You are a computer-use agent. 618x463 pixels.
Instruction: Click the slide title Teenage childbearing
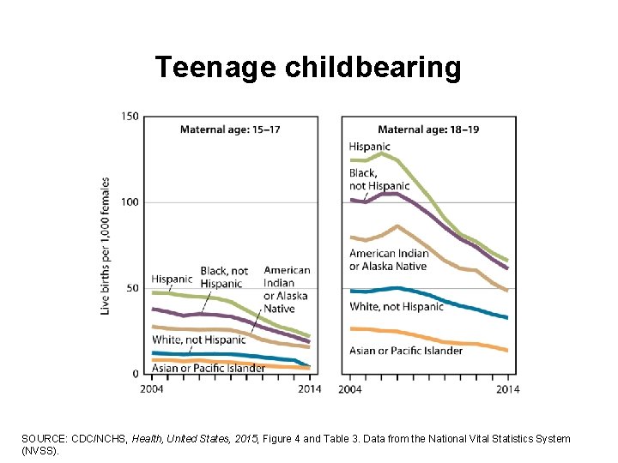pos(308,67)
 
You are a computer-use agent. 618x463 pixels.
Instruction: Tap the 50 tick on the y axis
pos(131,288)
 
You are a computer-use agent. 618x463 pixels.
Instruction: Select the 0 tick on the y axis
pos(135,374)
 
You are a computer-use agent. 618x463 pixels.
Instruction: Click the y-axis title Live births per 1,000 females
pos(106,245)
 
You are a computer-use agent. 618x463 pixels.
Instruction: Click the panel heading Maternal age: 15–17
pos(229,129)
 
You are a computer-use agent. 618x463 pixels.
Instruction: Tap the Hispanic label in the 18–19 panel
pos(369,147)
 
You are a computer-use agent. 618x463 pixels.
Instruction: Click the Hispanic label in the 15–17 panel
pos(172,280)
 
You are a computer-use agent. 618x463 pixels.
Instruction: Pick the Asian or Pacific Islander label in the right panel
pos(406,350)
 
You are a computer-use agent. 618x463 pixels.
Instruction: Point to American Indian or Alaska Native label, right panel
pos(388,259)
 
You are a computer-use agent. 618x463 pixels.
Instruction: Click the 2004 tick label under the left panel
pos(152,388)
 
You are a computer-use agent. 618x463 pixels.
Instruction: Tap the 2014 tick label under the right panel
pos(507,388)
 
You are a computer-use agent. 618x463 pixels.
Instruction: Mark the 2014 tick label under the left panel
pos(308,388)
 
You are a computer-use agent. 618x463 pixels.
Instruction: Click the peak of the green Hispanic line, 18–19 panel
pos(383,153)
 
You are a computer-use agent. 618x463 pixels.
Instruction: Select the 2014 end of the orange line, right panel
pos(507,351)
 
